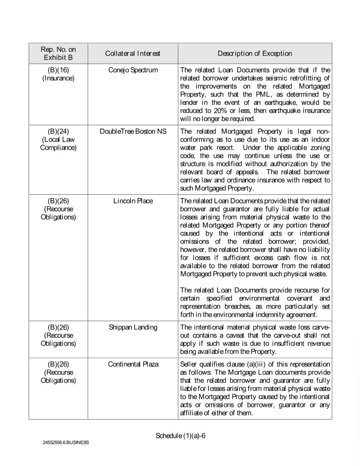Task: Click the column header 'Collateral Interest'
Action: (132, 54)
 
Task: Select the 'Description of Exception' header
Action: (254, 54)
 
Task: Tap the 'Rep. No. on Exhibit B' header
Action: (58, 54)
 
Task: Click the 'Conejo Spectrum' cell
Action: (132, 70)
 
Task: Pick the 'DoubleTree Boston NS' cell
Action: (132, 132)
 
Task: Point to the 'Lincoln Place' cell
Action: (132, 201)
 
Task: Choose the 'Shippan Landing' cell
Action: (132, 326)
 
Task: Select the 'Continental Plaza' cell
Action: (132, 365)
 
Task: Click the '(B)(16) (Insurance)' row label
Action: (58, 74)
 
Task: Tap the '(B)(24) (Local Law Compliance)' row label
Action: (58, 140)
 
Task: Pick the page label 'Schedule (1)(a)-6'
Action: (181, 436)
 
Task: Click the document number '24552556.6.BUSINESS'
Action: (66, 442)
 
